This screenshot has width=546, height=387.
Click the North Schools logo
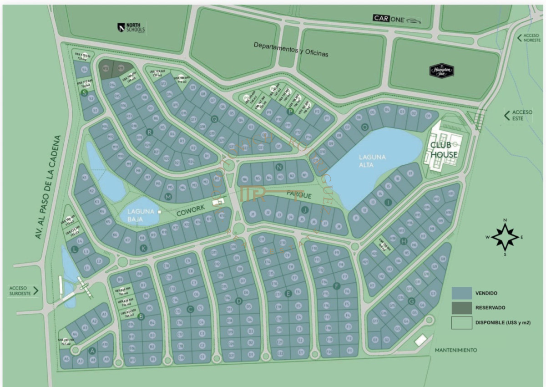click(x=131, y=28)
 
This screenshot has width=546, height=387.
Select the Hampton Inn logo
click(x=442, y=71)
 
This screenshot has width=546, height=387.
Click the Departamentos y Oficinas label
click(x=291, y=50)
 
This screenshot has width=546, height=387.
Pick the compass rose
click(x=505, y=237)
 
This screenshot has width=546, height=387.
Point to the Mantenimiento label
click(x=456, y=350)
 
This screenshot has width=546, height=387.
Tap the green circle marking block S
click(x=84, y=92)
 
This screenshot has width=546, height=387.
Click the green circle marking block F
click(x=337, y=286)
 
